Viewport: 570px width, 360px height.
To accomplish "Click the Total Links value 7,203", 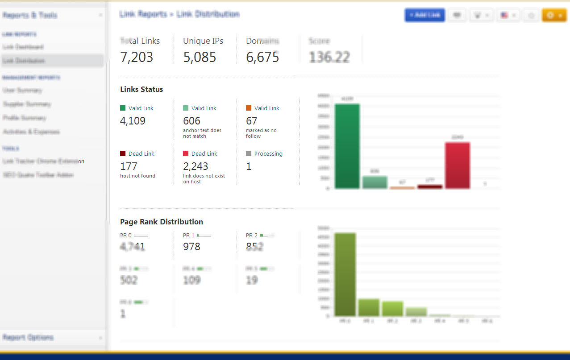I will [x=137, y=57].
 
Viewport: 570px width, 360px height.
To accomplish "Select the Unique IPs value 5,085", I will [x=200, y=57].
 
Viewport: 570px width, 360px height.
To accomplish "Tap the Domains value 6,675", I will [x=262, y=57].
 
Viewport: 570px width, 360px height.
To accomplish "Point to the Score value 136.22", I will [x=329, y=57].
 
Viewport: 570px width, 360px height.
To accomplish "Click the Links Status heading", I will [x=141, y=89].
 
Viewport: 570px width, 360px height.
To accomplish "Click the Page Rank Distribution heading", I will [x=162, y=222].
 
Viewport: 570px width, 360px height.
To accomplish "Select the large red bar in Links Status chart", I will [x=458, y=166].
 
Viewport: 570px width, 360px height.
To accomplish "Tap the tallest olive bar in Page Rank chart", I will [x=345, y=274].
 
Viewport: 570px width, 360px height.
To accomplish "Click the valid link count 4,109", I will [x=133, y=121].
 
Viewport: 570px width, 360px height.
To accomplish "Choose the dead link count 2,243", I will [x=196, y=166].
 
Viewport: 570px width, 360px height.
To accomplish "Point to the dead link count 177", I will [x=129, y=166].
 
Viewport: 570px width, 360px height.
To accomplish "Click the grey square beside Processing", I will [x=249, y=153].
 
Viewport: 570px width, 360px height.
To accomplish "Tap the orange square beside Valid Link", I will [x=249, y=108].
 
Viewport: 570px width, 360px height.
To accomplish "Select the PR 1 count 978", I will [x=191, y=247].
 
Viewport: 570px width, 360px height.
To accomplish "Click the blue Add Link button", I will [x=424, y=15].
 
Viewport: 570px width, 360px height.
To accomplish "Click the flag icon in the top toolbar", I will [x=504, y=15].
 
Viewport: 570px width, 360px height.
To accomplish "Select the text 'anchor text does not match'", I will [x=202, y=133].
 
